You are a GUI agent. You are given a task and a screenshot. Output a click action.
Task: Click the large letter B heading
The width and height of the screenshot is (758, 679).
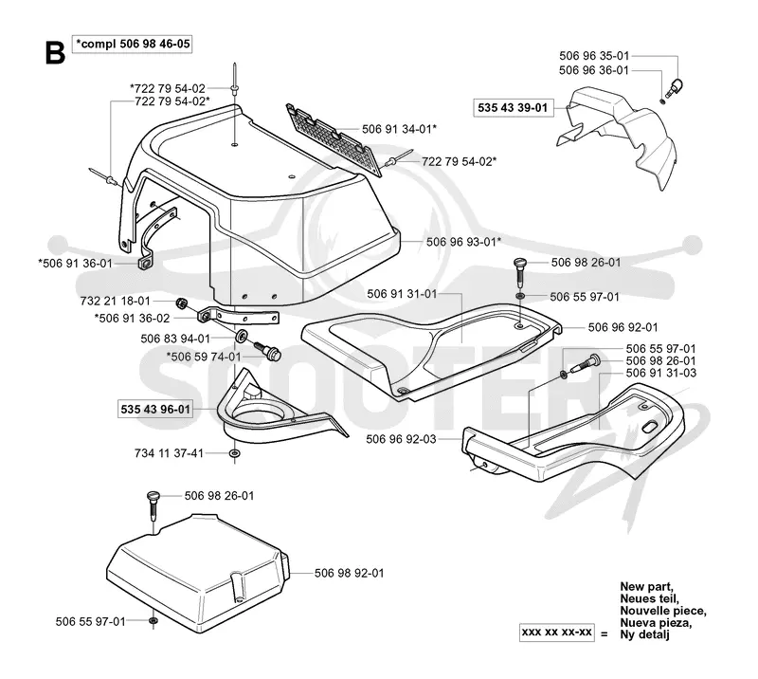pos(55,53)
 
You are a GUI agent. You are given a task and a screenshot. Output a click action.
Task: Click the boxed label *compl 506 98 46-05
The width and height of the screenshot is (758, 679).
pos(132,44)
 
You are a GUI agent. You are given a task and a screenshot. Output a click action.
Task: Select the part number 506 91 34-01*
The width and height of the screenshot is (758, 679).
pos(399,129)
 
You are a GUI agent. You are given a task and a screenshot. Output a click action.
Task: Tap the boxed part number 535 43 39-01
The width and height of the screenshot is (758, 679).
pos(513,107)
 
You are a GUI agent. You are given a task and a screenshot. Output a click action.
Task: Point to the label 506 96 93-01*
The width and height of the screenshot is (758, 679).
pos(463,242)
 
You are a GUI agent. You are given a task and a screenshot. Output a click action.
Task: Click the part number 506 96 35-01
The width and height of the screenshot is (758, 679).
pos(594,56)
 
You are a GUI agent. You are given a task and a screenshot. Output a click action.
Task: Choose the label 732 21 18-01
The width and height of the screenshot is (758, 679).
pos(116,301)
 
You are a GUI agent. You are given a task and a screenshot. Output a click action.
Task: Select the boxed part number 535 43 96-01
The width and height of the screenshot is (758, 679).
pos(155,410)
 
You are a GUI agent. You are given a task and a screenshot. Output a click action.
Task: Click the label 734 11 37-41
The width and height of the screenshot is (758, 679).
pos(170,453)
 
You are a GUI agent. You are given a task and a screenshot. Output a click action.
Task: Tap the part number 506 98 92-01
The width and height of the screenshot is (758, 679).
pos(350,573)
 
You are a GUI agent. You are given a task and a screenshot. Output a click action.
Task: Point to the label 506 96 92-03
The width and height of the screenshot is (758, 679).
pos(401,439)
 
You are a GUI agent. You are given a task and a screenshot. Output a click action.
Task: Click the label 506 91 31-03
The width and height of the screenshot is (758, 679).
pos(661,373)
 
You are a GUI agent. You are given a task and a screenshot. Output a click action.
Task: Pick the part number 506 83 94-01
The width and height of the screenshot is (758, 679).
pos(175,339)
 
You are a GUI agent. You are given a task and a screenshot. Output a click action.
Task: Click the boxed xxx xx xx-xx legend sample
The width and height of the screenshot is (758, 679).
pos(557,633)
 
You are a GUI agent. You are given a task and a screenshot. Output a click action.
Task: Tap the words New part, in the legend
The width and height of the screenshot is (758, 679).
pos(646,587)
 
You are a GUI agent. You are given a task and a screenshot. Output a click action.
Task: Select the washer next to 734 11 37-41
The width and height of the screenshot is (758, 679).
pos(235,453)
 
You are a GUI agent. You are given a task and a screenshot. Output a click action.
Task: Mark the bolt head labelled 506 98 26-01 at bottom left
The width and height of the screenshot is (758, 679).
pos(153,497)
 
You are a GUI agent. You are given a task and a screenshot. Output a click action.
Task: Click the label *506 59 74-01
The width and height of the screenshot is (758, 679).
pos(204,357)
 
